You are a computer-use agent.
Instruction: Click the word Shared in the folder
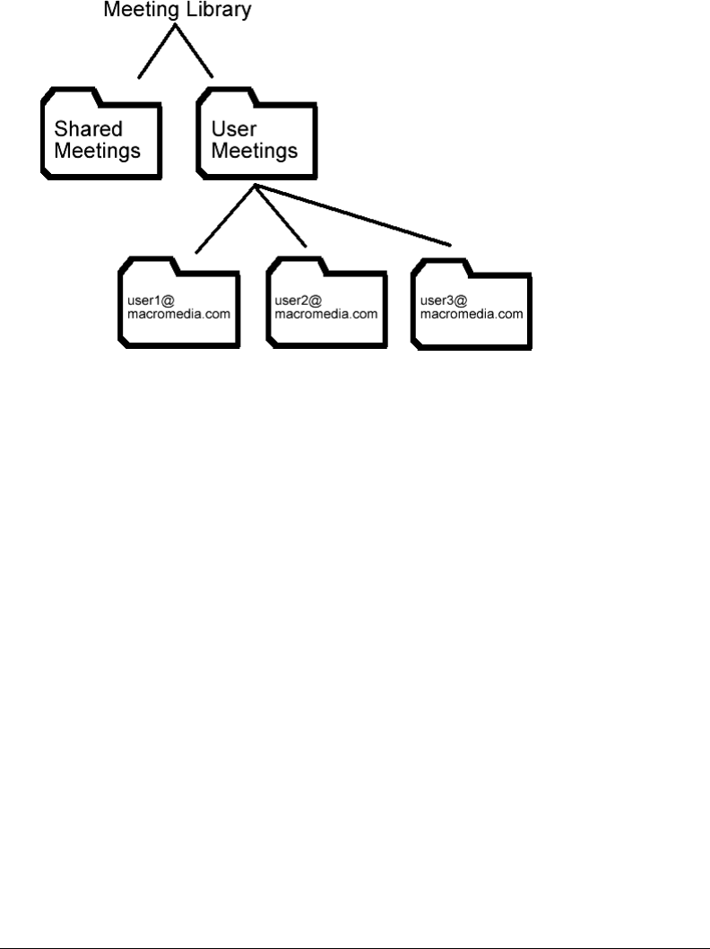coord(89,128)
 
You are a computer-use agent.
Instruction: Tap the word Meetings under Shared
coord(98,150)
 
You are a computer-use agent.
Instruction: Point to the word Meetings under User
coord(255,150)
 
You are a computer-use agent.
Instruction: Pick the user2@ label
coord(293,300)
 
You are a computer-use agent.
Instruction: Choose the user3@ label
coord(438,300)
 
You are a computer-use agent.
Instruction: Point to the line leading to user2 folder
coord(281,216)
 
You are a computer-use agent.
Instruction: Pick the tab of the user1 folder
coord(145,265)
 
